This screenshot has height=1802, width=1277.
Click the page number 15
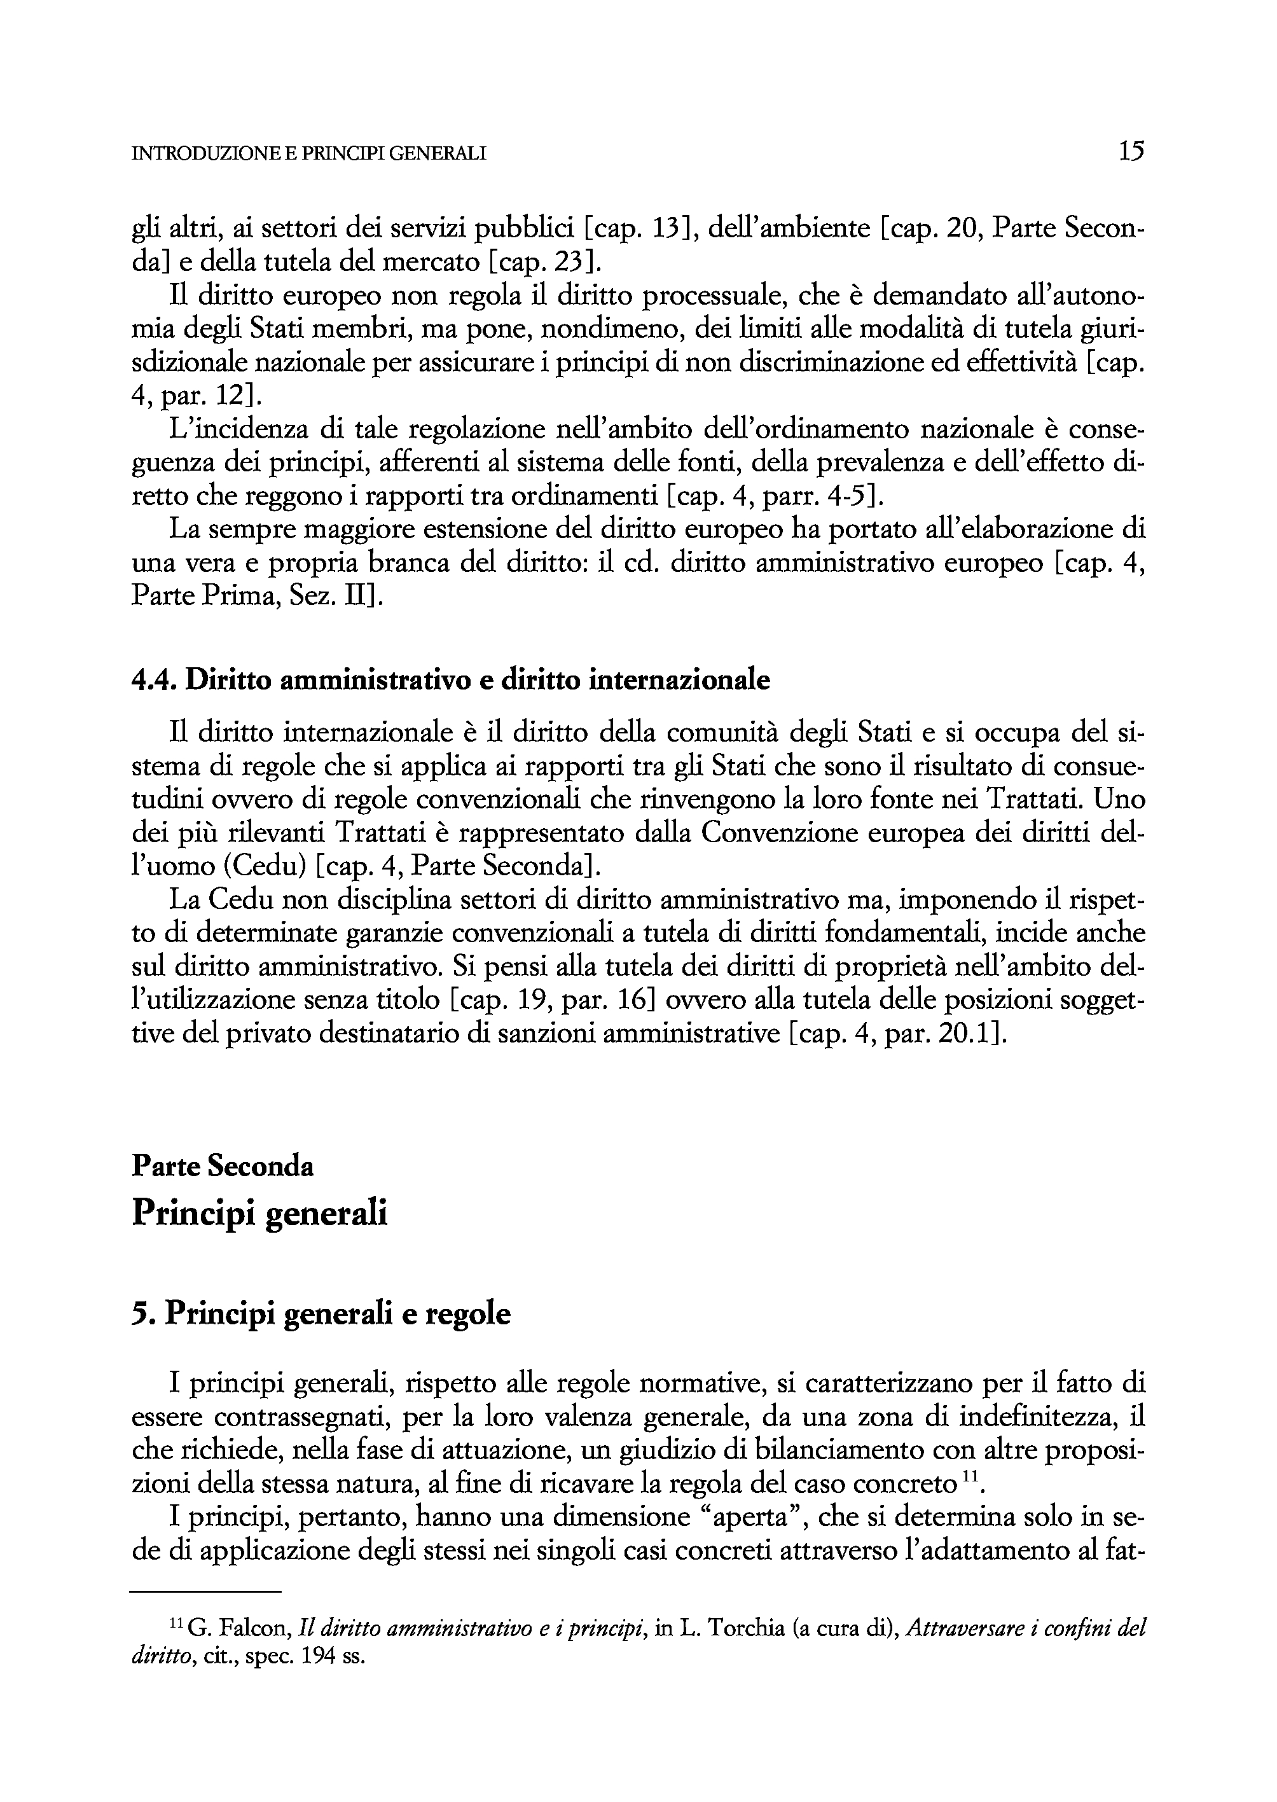coord(1131,150)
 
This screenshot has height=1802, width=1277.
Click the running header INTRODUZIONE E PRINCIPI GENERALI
coord(308,154)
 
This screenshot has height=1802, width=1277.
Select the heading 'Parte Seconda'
coord(223,1166)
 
